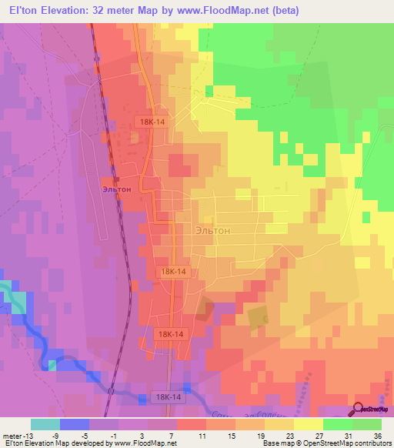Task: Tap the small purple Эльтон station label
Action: tap(115, 187)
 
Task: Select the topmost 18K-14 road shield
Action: tap(152, 122)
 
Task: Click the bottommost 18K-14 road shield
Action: tap(167, 396)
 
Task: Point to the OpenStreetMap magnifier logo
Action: tap(359, 410)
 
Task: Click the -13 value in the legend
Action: tap(28, 433)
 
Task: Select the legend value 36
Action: tap(376, 433)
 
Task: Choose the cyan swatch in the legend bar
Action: tap(45, 424)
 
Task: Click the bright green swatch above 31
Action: tap(336, 424)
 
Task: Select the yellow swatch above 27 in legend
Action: tap(308, 424)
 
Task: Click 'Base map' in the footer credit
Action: tap(277, 443)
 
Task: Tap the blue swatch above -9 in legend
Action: tap(74, 424)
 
